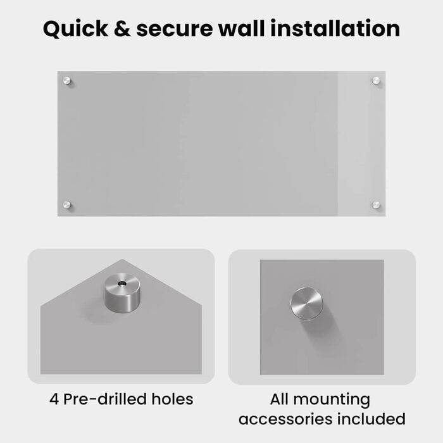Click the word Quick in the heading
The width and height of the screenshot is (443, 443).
click(x=75, y=29)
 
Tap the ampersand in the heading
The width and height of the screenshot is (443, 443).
click(x=122, y=29)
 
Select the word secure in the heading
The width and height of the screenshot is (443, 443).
click(x=174, y=29)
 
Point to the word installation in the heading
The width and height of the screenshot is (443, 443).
click(x=335, y=28)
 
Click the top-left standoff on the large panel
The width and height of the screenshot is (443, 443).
click(x=66, y=81)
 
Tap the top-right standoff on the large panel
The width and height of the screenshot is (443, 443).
click(x=376, y=81)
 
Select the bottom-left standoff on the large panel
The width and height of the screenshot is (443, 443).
click(x=66, y=204)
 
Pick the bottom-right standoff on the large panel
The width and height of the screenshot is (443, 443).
click(x=376, y=204)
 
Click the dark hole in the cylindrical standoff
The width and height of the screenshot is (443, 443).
click(x=122, y=283)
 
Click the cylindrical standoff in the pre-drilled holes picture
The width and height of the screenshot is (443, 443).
click(x=122, y=293)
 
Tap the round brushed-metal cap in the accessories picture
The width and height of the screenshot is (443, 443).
click(x=306, y=304)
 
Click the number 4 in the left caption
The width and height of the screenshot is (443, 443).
click(x=54, y=399)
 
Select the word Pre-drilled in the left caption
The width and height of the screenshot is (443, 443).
click(x=105, y=399)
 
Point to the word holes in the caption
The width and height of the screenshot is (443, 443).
click(x=172, y=399)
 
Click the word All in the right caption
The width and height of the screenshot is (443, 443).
click(x=279, y=399)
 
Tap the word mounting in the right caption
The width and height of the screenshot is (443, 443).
click(x=332, y=401)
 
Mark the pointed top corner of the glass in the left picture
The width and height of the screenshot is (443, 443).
click(x=122, y=259)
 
